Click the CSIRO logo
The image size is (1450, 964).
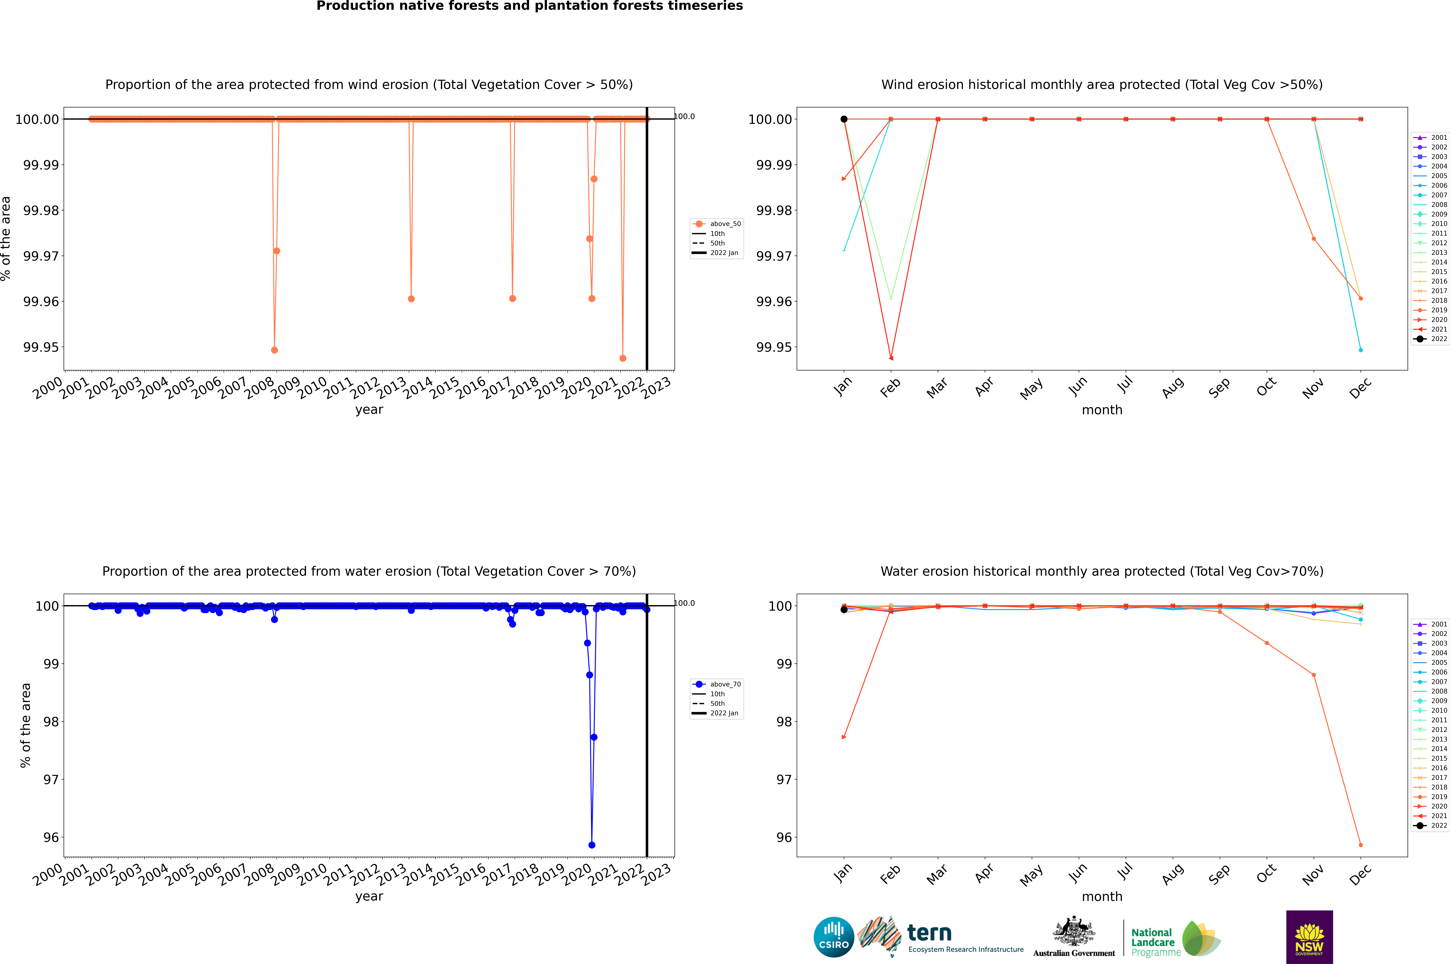click(833, 937)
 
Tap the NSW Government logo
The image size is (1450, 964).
click(1309, 937)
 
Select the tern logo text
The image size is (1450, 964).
click(929, 933)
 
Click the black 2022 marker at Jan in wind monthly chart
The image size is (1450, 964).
click(844, 119)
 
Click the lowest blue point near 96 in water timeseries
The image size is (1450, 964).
click(591, 845)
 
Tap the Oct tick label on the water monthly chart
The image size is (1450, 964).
click(1266, 873)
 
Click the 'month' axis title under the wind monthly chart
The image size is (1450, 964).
click(1102, 410)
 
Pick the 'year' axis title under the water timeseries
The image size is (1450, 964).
click(369, 896)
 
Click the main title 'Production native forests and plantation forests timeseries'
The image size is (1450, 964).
click(529, 6)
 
